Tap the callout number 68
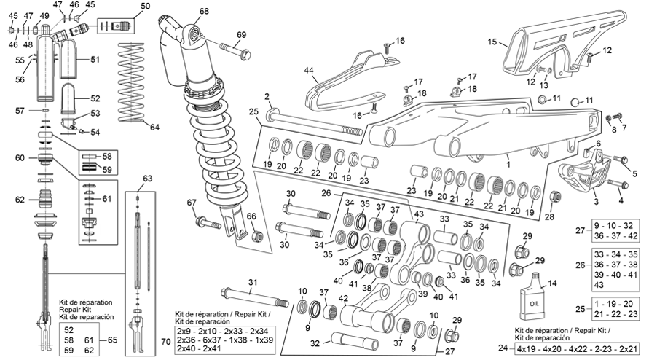coord(203,11)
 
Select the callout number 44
coord(309,71)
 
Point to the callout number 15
coord(492,42)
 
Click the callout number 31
coord(253,283)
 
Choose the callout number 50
coord(146,7)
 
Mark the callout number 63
coord(147,178)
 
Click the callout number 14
coord(552,283)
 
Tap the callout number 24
coord(503,348)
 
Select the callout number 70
coord(165,341)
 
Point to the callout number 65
coord(111,340)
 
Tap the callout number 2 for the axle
coord(267,96)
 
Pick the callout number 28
coord(548,216)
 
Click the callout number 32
coord(315,342)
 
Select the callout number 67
coord(192,203)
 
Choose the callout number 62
coord(20,200)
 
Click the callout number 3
coord(596,200)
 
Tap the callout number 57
coord(20,111)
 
